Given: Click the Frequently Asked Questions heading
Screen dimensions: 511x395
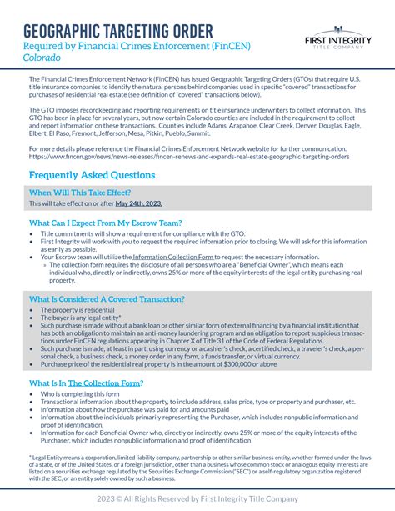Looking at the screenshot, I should [x=92, y=175].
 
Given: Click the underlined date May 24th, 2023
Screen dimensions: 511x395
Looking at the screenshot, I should [x=138, y=203].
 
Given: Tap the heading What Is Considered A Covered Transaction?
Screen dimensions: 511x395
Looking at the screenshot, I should [x=107, y=298].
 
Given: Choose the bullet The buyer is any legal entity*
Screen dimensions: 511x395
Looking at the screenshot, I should [x=81, y=318].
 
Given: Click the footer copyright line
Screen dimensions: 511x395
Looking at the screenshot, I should [x=197, y=498].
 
